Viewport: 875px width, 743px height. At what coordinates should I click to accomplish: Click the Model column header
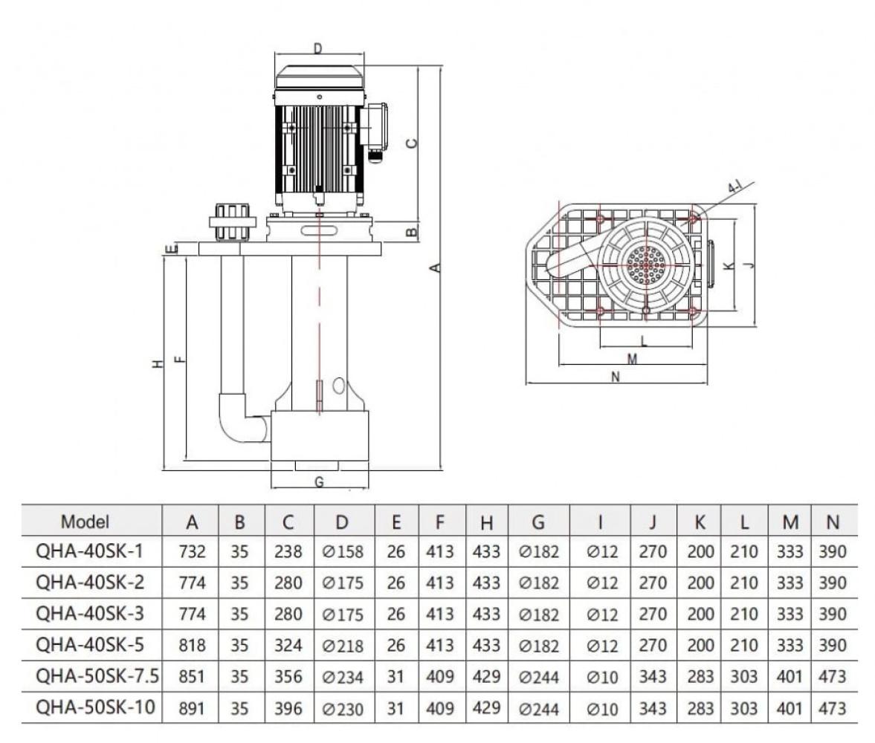85,522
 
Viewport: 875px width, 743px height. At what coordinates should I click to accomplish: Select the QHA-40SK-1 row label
90,552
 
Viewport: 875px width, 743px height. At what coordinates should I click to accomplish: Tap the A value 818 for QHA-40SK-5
193,645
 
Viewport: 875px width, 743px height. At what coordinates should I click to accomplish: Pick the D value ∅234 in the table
343,678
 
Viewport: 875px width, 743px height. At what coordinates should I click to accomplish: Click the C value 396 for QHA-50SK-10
288,708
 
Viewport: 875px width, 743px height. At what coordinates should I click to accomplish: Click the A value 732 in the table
193,553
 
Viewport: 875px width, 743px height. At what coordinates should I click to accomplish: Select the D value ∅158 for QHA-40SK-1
343,553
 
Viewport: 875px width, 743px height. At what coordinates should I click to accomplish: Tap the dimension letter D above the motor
318,50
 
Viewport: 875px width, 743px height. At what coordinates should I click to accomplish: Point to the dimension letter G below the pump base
319,481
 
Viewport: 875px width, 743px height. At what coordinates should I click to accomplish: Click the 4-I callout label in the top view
736,187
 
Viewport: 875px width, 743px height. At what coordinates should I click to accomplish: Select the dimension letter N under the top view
615,377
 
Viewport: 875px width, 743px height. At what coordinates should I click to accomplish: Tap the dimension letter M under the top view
632,359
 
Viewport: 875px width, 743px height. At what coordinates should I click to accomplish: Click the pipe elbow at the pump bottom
238,420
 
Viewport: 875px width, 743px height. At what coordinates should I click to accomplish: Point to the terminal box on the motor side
377,126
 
